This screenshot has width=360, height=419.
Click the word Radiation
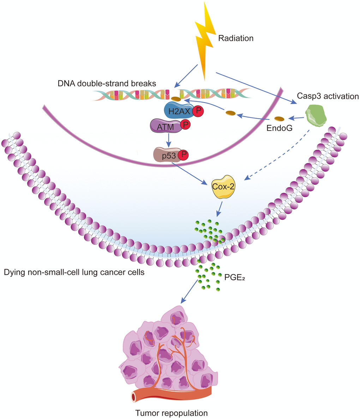236,38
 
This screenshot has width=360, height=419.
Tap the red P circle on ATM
185,125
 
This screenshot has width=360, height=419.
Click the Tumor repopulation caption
172,412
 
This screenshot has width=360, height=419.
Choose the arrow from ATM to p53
169,139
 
